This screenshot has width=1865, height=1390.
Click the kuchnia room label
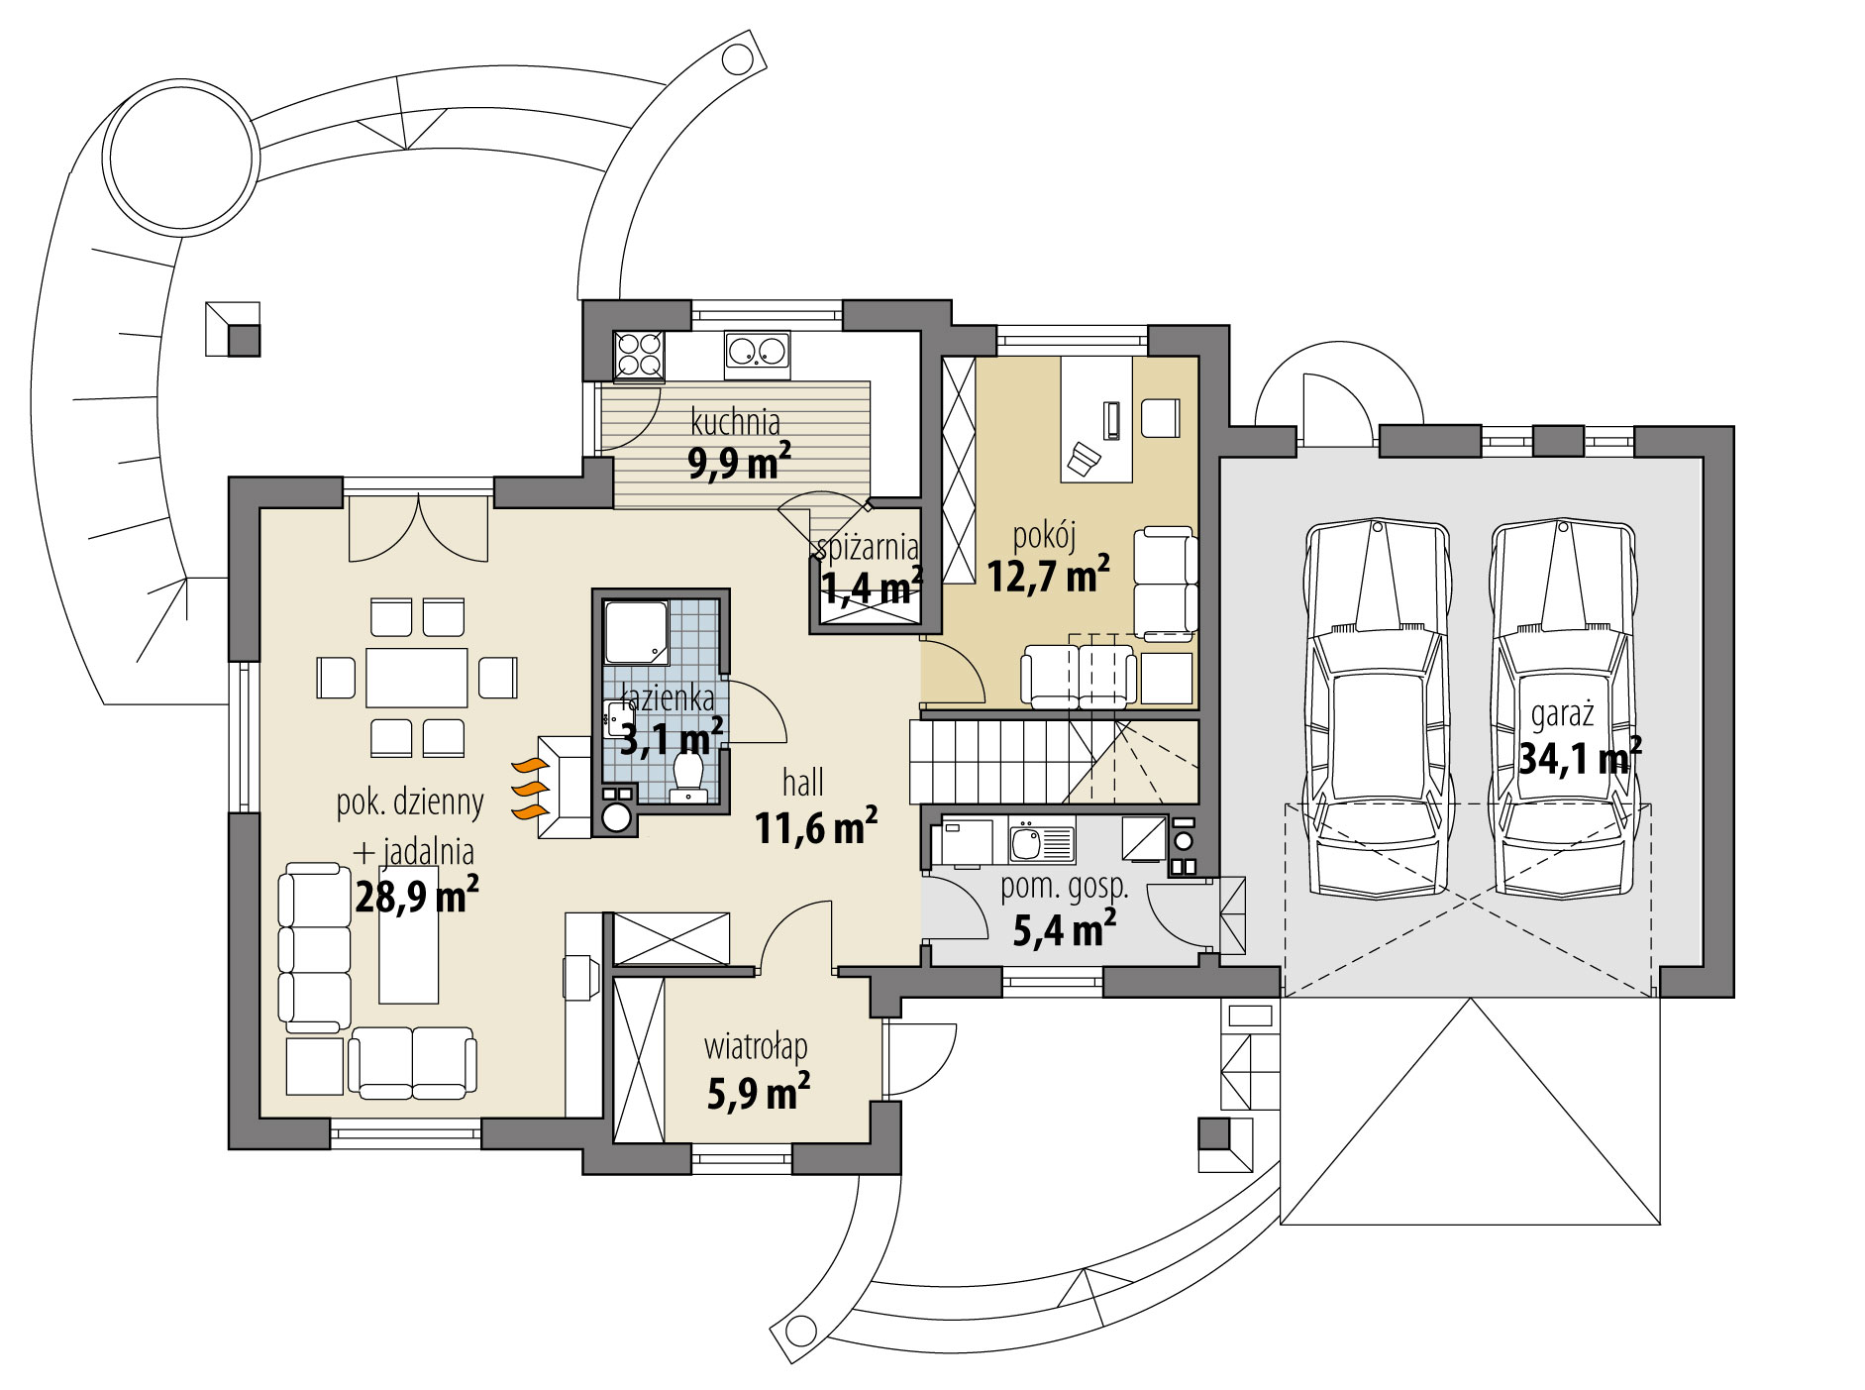click(x=735, y=423)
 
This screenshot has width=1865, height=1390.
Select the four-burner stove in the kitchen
click(x=639, y=355)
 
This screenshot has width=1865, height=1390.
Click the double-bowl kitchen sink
click(x=758, y=354)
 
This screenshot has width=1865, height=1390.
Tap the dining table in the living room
click(x=417, y=677)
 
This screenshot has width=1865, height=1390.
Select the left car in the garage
click(x=1377, y=708)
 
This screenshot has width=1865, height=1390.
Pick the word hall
click(x=802, y=783)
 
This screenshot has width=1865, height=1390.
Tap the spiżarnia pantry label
click(x=868, y=546)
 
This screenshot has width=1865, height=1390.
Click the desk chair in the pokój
click(x=1084, y=458)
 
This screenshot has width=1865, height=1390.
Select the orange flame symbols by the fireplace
click(x=529, y=789)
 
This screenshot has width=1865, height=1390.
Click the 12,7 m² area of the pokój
click(x=1047, y=575)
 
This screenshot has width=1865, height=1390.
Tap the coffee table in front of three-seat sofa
click(x=409, y=944)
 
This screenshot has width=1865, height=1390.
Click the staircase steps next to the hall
click(x=1000, y=761)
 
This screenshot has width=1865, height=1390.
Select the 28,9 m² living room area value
click(x=417, y=897)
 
